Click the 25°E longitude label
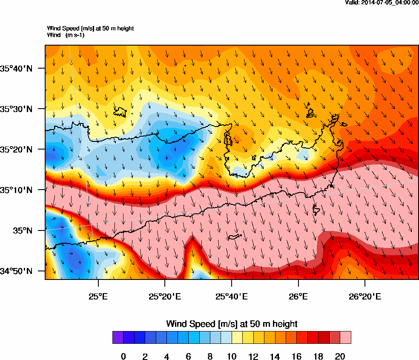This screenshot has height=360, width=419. [99, 296]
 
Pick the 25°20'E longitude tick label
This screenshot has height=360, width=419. [165, 296]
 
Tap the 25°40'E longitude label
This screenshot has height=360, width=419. [231, 296]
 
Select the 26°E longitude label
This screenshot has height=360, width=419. [298, 296]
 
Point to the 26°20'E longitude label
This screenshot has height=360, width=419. [364, 296]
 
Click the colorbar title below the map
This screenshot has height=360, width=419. [232, 324]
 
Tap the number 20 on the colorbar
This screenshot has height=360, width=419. [340, 357]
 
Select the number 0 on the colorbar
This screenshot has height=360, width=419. [123, 357]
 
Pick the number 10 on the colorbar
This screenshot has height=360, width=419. [232, 357]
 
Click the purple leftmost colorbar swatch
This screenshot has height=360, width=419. [118, 337]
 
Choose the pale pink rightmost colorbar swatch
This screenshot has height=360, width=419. [345, 337]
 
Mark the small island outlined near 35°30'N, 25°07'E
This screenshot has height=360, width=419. [121, 112]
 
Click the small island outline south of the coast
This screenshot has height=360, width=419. [235, 237]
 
